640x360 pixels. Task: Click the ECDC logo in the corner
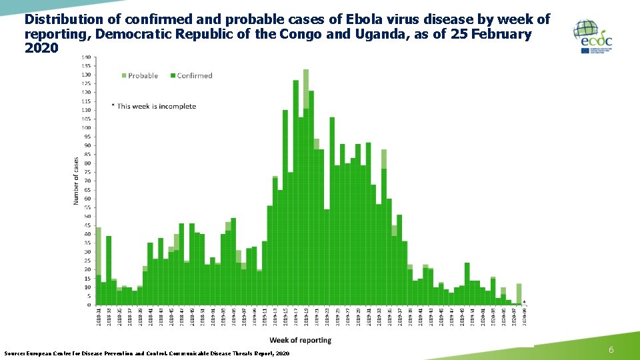[x=593, y=37]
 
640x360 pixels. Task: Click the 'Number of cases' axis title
[x=76, y=181]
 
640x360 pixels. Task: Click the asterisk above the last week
[x=525, y=301]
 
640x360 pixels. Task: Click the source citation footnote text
[x=147, y=353]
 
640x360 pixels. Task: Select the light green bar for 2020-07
[x=519, y=293]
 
